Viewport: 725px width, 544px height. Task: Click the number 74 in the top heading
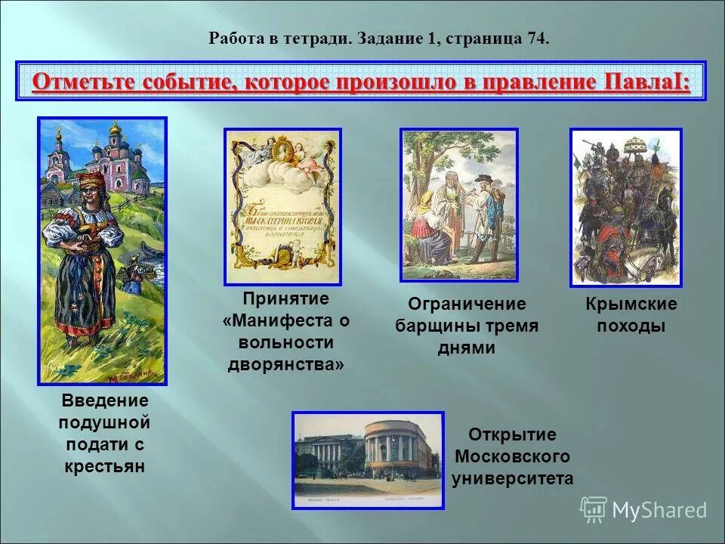click(538, 39)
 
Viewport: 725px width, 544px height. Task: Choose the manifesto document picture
click(283, 206)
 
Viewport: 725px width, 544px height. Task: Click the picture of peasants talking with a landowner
click(459, 205)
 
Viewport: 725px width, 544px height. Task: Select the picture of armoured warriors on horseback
click(625, 207)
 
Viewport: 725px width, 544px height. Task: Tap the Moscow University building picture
click(368, 459)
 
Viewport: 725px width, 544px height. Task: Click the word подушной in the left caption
click(104, 422)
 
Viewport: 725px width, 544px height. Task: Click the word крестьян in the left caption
click(104, 466)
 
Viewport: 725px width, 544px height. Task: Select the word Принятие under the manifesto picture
click(286, 298)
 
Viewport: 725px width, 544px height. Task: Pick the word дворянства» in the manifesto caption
click(286, 364)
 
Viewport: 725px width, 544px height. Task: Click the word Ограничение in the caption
click(467, 304)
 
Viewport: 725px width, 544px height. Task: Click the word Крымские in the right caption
click(631, 304)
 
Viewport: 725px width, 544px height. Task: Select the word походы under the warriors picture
click(631, 326)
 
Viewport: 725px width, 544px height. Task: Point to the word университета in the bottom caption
click(512, 478)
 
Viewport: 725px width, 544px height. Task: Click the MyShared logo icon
click(594, 509)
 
